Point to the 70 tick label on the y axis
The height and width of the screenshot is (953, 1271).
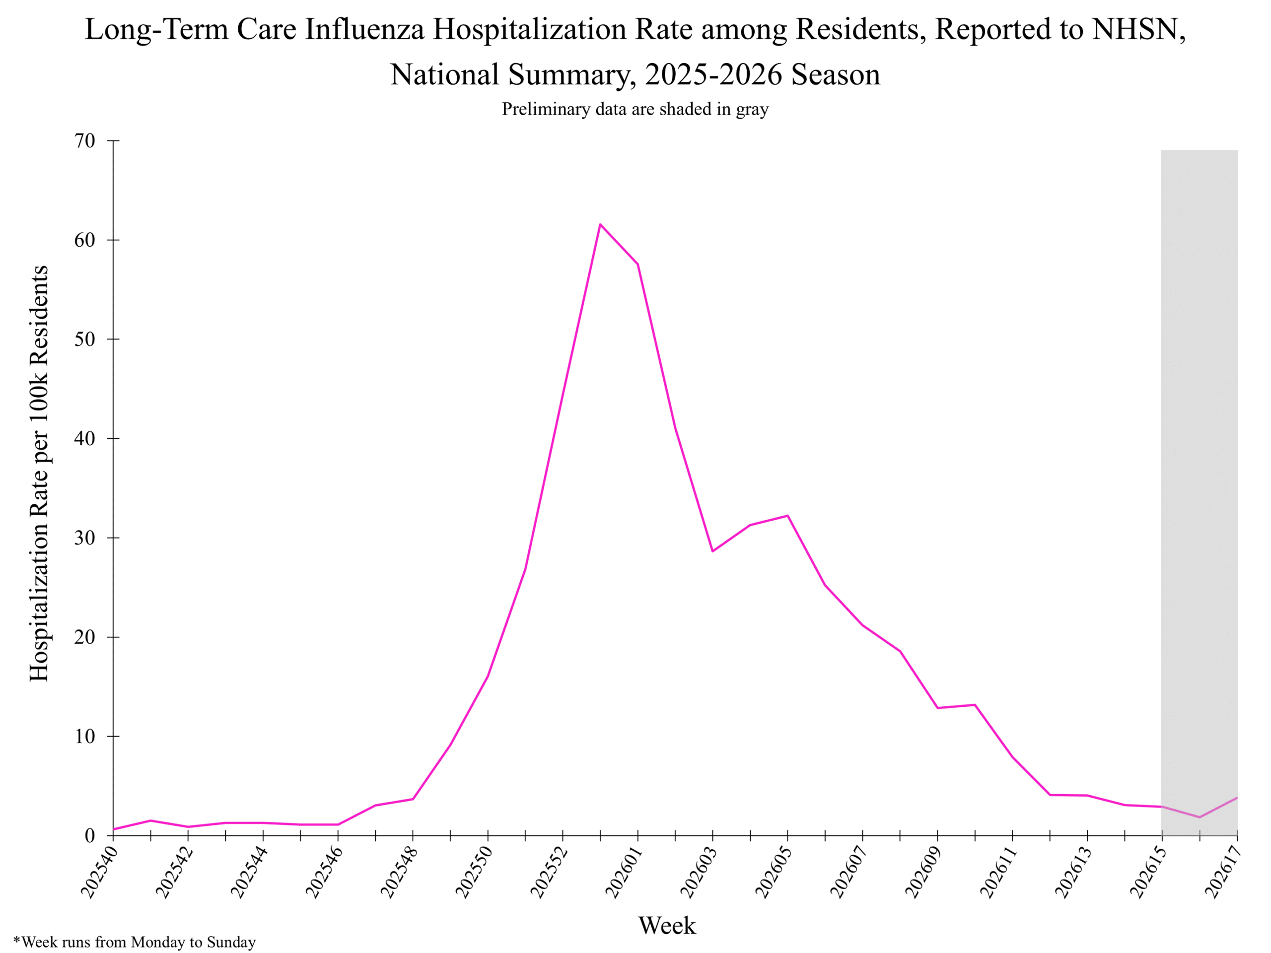click(x=84, y=141)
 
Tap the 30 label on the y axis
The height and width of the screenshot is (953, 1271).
click(x=84, y=538)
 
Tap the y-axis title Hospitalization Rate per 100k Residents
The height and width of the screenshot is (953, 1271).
click(x=39, y=474)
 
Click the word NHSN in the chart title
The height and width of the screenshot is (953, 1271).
click(x=1139, y=29)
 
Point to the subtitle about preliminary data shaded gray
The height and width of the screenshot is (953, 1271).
click(x=635, y=109)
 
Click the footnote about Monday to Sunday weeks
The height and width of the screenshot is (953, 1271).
click(x=135, y=942)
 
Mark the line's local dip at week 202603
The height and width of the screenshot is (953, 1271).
click(x=712, y=551)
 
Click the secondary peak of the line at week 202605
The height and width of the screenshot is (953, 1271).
click(x=787, y=516)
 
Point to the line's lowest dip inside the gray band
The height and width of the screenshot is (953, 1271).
click(x=1200, y=817)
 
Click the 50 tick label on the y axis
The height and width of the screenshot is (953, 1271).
click(x=84, y=339)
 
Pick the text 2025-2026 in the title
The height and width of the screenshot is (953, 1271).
click(x=713, y=74)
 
